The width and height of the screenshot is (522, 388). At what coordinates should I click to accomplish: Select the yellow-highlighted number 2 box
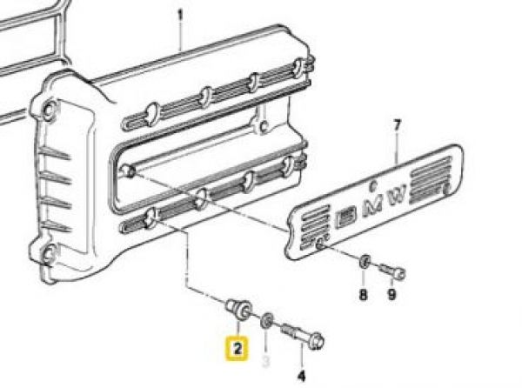pyautogui.click(x=237, y=349)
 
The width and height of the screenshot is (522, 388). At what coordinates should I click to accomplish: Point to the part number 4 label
pyautogui.click(x=302, y=376)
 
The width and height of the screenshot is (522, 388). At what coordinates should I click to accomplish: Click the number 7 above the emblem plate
pyautogui.click(x=397, y=128)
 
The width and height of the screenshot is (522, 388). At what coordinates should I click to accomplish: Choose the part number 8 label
pyautogui.click(x=364, y=295)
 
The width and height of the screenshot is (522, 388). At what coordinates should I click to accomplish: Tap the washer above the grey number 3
pyautogui.click(x=268, y=317)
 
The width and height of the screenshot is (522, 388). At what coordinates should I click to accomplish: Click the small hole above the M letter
pyautogui.click(x=372, y=184)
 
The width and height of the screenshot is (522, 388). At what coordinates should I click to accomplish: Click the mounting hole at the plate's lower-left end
pyautogui.click(x=322, y=244)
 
